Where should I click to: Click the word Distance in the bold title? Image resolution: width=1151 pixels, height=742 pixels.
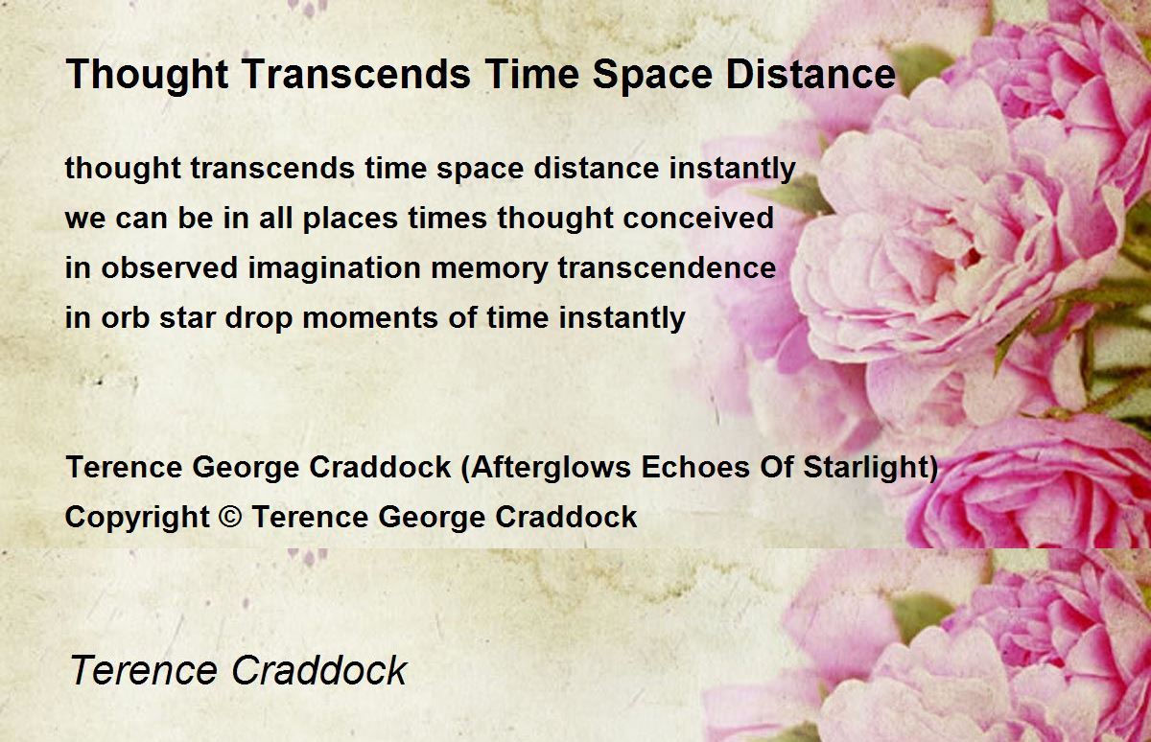pos(810,74)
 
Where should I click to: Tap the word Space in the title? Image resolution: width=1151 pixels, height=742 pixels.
pos(652,75)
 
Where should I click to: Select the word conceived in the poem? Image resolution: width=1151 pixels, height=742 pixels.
pos(698,218)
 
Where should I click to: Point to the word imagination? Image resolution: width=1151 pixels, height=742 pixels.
pos(334,268)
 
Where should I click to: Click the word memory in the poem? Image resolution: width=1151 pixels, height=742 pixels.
pos(489,269)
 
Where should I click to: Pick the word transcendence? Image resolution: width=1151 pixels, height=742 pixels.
pos(667,267)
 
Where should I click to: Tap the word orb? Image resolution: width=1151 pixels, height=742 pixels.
pos(126,317)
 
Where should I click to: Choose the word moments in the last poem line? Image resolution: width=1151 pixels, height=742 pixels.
pos(370,318)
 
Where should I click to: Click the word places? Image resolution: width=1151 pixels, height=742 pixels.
pos(350,219)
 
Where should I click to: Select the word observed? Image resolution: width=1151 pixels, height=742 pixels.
pos(170,267)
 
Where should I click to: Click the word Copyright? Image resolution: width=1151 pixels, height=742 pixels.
pos(137,517)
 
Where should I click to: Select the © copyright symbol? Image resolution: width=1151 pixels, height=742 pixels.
pos(230,517)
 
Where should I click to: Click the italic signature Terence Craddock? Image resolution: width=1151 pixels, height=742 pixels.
pos(238,670)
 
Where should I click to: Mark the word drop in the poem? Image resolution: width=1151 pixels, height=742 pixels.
pos(259,318)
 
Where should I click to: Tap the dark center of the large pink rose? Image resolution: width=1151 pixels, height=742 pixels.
pos(970,255)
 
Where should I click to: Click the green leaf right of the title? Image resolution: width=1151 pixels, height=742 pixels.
pos(923,66)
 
